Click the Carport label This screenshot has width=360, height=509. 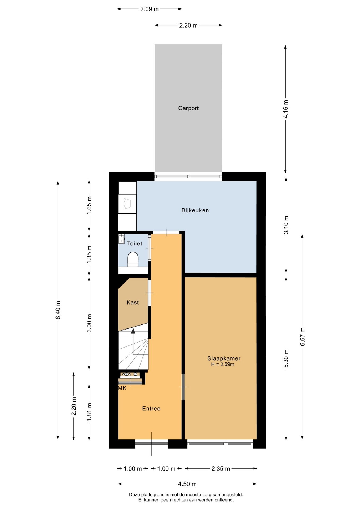[188, 108]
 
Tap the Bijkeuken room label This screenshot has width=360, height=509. [195, 210]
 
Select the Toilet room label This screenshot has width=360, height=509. [135, 244]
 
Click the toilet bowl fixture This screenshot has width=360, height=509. [133, 259]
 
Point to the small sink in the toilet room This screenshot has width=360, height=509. [121, 239]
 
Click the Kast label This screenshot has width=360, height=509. [133, 302]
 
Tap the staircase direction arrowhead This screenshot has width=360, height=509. [133, 331]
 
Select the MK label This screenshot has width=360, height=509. [122, 388]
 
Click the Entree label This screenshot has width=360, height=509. [151, 409]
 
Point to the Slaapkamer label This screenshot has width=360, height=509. [224, 358]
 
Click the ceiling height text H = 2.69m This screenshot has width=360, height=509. [223, 364]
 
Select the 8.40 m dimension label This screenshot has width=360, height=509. [58, 310]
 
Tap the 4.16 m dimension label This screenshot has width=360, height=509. [286, 109]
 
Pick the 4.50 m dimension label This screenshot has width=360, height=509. [187, 484]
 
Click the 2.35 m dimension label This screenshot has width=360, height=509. [221, 469]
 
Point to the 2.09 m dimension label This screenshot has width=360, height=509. [149, 9]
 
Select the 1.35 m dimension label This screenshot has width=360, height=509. [89, 254]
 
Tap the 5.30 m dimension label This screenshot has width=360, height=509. [286, 359]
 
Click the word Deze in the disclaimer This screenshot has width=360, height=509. [134, 495]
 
